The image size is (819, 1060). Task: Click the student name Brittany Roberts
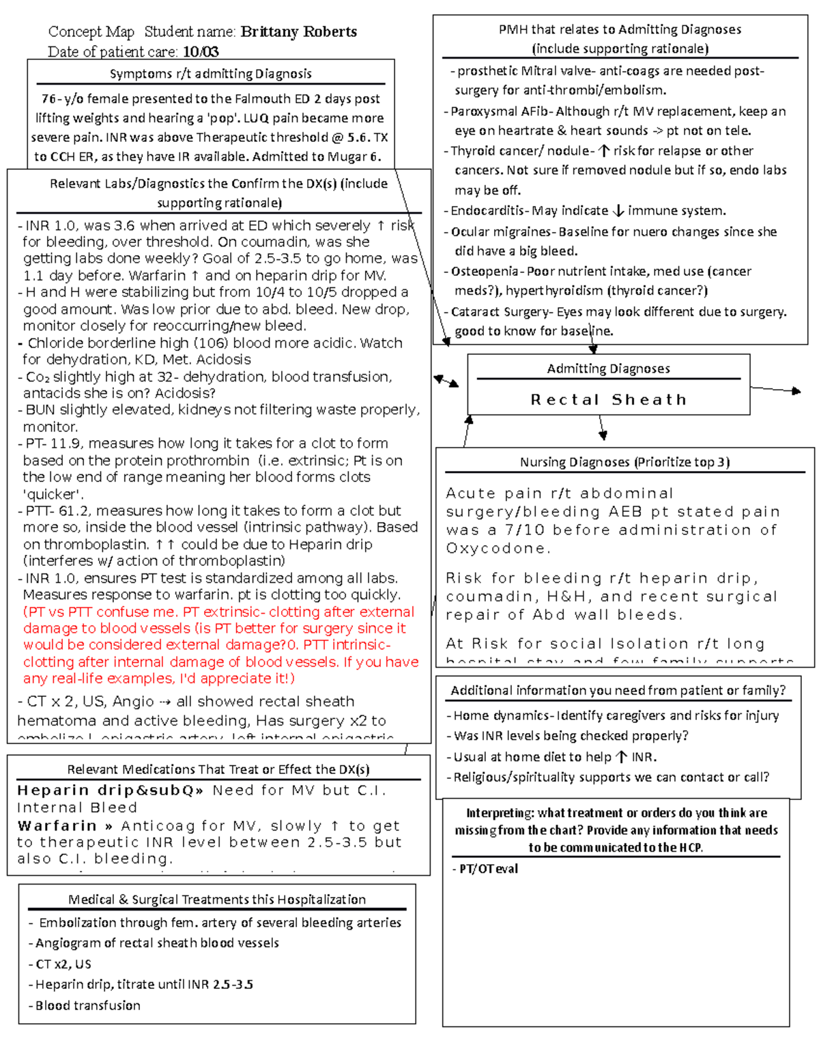pos(298,32)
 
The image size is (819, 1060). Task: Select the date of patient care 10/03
pos(201,52)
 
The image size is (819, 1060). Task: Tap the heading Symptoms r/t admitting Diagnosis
pos(210,74)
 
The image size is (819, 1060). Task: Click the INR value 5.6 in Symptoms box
pos(358,137)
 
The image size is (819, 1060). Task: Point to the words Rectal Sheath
pos(608,399)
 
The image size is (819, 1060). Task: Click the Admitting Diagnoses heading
pos(608,369)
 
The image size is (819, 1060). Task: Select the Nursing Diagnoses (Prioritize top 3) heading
pos(624,462)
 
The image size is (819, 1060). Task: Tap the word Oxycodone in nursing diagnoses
pos(495,548)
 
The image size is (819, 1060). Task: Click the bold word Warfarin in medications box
pos(57,826)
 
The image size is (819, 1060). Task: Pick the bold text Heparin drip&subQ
pos(109,790)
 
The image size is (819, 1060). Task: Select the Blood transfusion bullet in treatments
pos(87,1005)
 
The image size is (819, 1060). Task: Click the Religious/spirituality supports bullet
pos(611,777)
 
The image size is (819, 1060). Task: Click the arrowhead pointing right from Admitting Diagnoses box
pos(795,391)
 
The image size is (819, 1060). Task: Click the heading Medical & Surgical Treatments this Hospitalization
pos(216,900)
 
